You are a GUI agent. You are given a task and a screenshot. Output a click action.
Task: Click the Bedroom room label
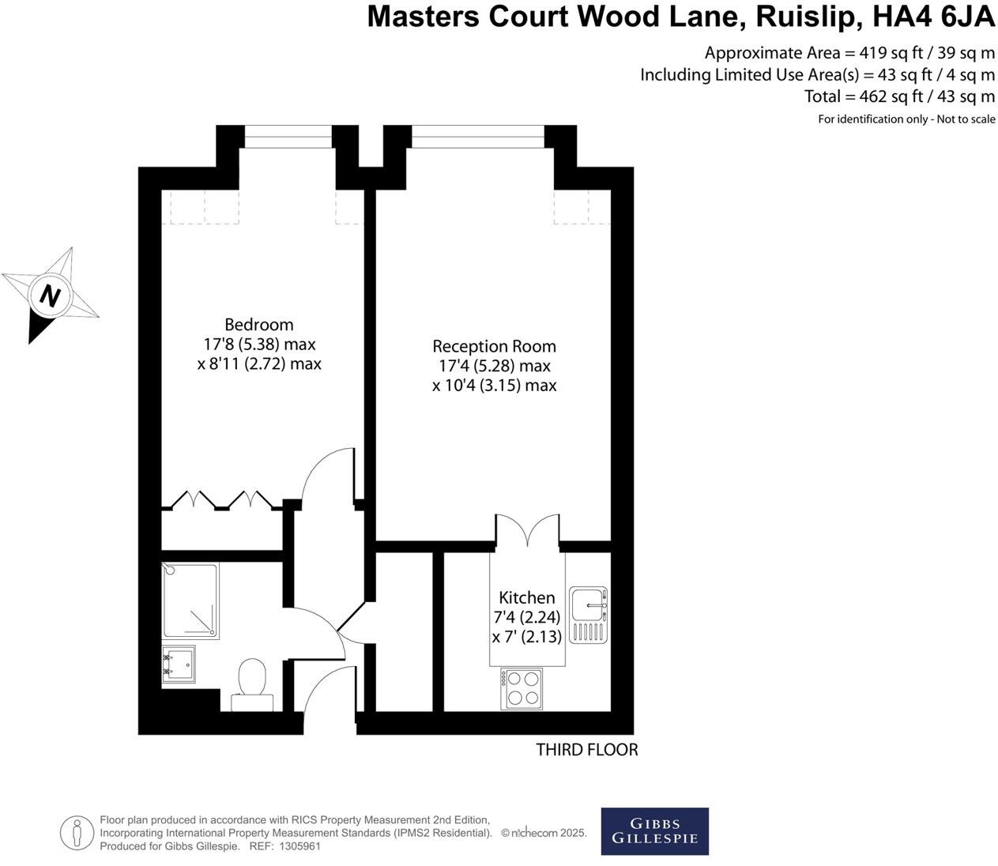(x=258, y=325)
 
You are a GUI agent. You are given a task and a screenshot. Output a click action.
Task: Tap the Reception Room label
(x=494, y=346)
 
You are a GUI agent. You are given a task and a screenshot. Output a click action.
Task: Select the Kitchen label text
(x=526, y=597)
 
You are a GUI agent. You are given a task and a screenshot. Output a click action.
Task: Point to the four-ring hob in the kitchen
(x=522, y=688)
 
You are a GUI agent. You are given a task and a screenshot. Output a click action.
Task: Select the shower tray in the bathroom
(x=190, y=601)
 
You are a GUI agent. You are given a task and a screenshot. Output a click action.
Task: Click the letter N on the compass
(x=51, y=296)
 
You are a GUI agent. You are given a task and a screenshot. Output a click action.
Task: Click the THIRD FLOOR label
(x=586, y=750)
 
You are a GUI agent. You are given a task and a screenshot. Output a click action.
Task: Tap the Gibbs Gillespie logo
(x=654, y=831)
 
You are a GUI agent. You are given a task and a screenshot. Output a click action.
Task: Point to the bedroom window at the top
(x=288, y=137)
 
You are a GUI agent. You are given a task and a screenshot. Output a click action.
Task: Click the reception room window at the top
(x=478, y=137)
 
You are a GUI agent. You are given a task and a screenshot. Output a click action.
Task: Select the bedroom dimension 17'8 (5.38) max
(x=259, y=345)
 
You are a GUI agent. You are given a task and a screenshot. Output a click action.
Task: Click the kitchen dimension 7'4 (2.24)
(x=526, y=617)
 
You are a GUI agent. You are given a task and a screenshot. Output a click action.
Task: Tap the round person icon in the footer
(x=77, y=832)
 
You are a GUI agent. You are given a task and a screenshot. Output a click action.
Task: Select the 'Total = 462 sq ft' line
(x=899, y=96)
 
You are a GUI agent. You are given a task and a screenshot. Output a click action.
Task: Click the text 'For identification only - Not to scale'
(x=906, y=119)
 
